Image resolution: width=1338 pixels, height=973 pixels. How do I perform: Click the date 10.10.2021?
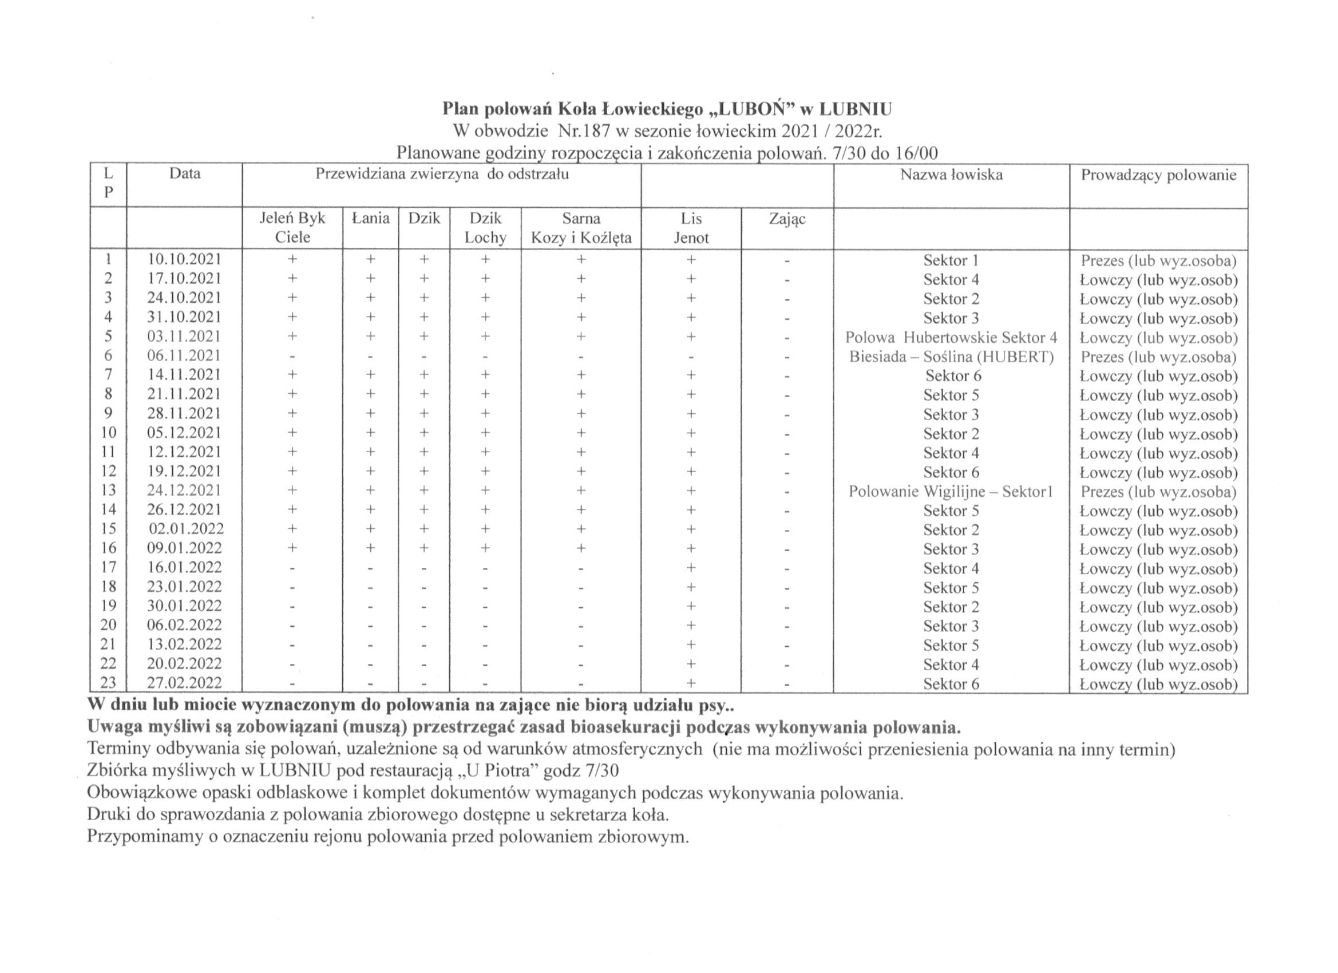[184, 259]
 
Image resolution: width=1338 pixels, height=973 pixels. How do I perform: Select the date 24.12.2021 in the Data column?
[184, 491]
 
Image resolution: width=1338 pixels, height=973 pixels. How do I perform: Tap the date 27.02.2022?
[184, 683]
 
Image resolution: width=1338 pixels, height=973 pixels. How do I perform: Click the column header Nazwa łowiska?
[951, 175]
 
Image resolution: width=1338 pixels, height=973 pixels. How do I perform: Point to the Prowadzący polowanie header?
[1158, 175]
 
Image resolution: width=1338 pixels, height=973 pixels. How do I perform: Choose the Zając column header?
[787, 219]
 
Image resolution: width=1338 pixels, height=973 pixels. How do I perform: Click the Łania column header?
[370, 219]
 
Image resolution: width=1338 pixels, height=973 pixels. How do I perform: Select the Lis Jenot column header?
[691, 228]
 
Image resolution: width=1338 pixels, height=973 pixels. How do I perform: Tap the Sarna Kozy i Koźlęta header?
[581, 228]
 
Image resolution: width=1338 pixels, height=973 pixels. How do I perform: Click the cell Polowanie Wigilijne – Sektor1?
[951, 492]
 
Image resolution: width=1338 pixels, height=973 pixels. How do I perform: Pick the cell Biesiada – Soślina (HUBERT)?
[951, 357]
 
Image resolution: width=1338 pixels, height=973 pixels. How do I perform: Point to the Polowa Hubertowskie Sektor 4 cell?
[951, 338]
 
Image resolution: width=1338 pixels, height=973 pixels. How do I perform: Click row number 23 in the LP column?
[108, 683]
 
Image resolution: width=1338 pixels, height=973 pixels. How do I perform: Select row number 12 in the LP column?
[108, 472]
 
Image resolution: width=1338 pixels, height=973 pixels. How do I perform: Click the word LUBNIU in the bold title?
[856, 109]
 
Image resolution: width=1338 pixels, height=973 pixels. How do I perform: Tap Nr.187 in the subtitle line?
[580, 131]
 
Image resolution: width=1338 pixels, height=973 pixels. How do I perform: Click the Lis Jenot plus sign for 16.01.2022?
[691, 568]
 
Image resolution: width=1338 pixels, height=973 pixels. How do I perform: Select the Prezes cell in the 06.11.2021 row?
[1158, 357]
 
